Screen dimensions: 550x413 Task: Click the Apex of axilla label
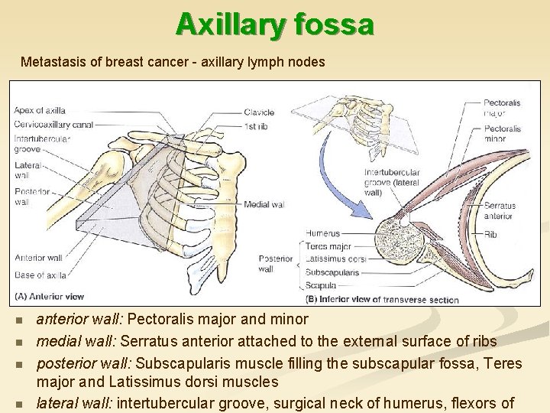39,111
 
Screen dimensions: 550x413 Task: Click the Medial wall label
264,205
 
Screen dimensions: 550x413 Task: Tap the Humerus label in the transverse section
322,233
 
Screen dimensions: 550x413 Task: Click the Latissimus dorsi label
335,259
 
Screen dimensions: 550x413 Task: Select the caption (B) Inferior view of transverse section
381,299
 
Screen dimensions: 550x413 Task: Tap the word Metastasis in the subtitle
48,61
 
